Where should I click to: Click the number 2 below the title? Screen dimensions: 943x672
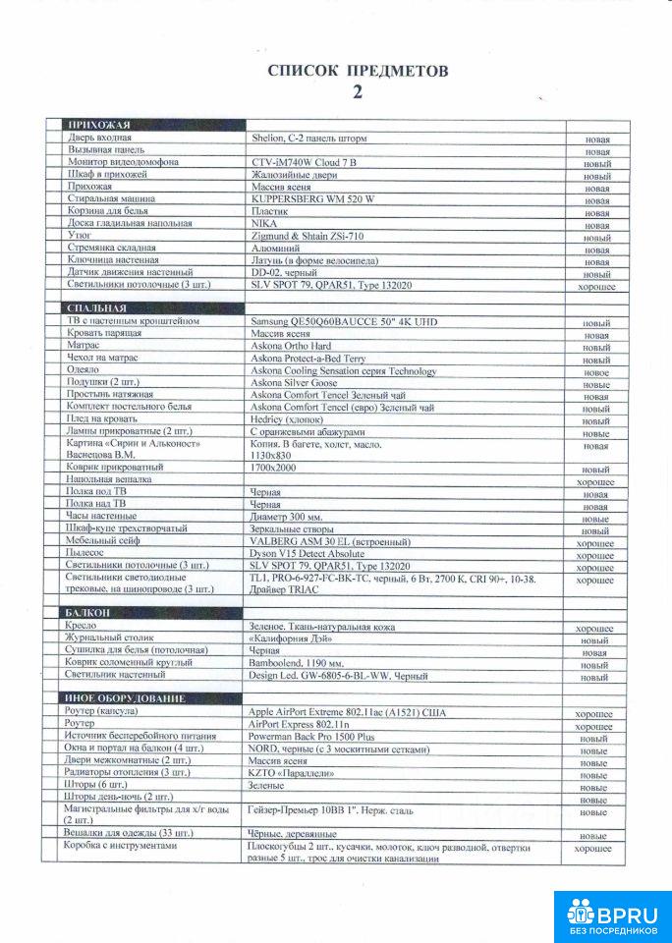click(x=358, y=93)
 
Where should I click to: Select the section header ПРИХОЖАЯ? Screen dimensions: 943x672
click(x=97, y=126)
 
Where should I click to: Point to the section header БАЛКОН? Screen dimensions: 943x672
click(x=88, y=613)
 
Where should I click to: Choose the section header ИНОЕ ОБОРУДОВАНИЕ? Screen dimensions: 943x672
click(x=125, y=698)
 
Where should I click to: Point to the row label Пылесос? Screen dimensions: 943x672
click(x=85, y=554)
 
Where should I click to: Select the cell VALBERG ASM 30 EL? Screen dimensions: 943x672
click(x=323, y=541)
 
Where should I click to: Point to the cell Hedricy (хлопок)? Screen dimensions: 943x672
click(x=293, y=419)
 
